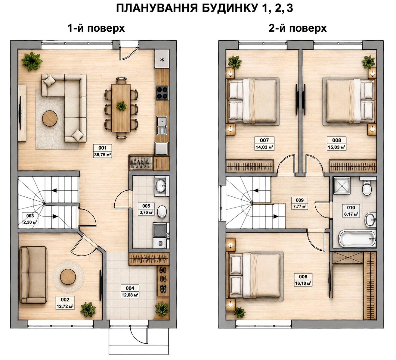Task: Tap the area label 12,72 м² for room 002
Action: point(65,307)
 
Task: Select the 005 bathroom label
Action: point(146,206)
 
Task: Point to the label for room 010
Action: point(351,208)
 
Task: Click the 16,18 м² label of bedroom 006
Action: point(303,283)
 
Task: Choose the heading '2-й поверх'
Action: point(298,28)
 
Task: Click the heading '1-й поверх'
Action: point(96,28)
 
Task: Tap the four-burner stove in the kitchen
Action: point(162,93)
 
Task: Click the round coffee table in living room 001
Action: point(50,118)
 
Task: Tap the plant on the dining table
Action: point(121,106)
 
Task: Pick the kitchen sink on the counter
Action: point(162,125)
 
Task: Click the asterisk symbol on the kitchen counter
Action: point(162,60)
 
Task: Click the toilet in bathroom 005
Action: point(162,211)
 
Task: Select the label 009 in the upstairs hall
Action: point(300,200)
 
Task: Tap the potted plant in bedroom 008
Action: point(368,62)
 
